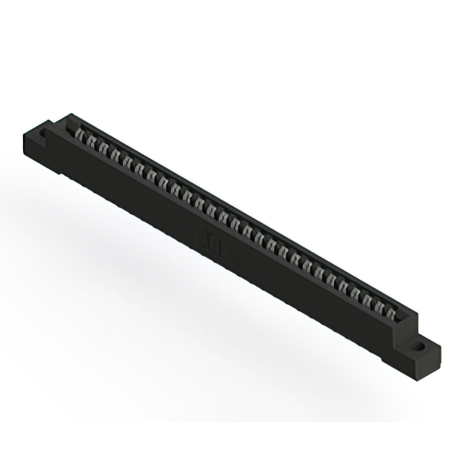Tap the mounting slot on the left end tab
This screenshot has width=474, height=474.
(x=43, y=134)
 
